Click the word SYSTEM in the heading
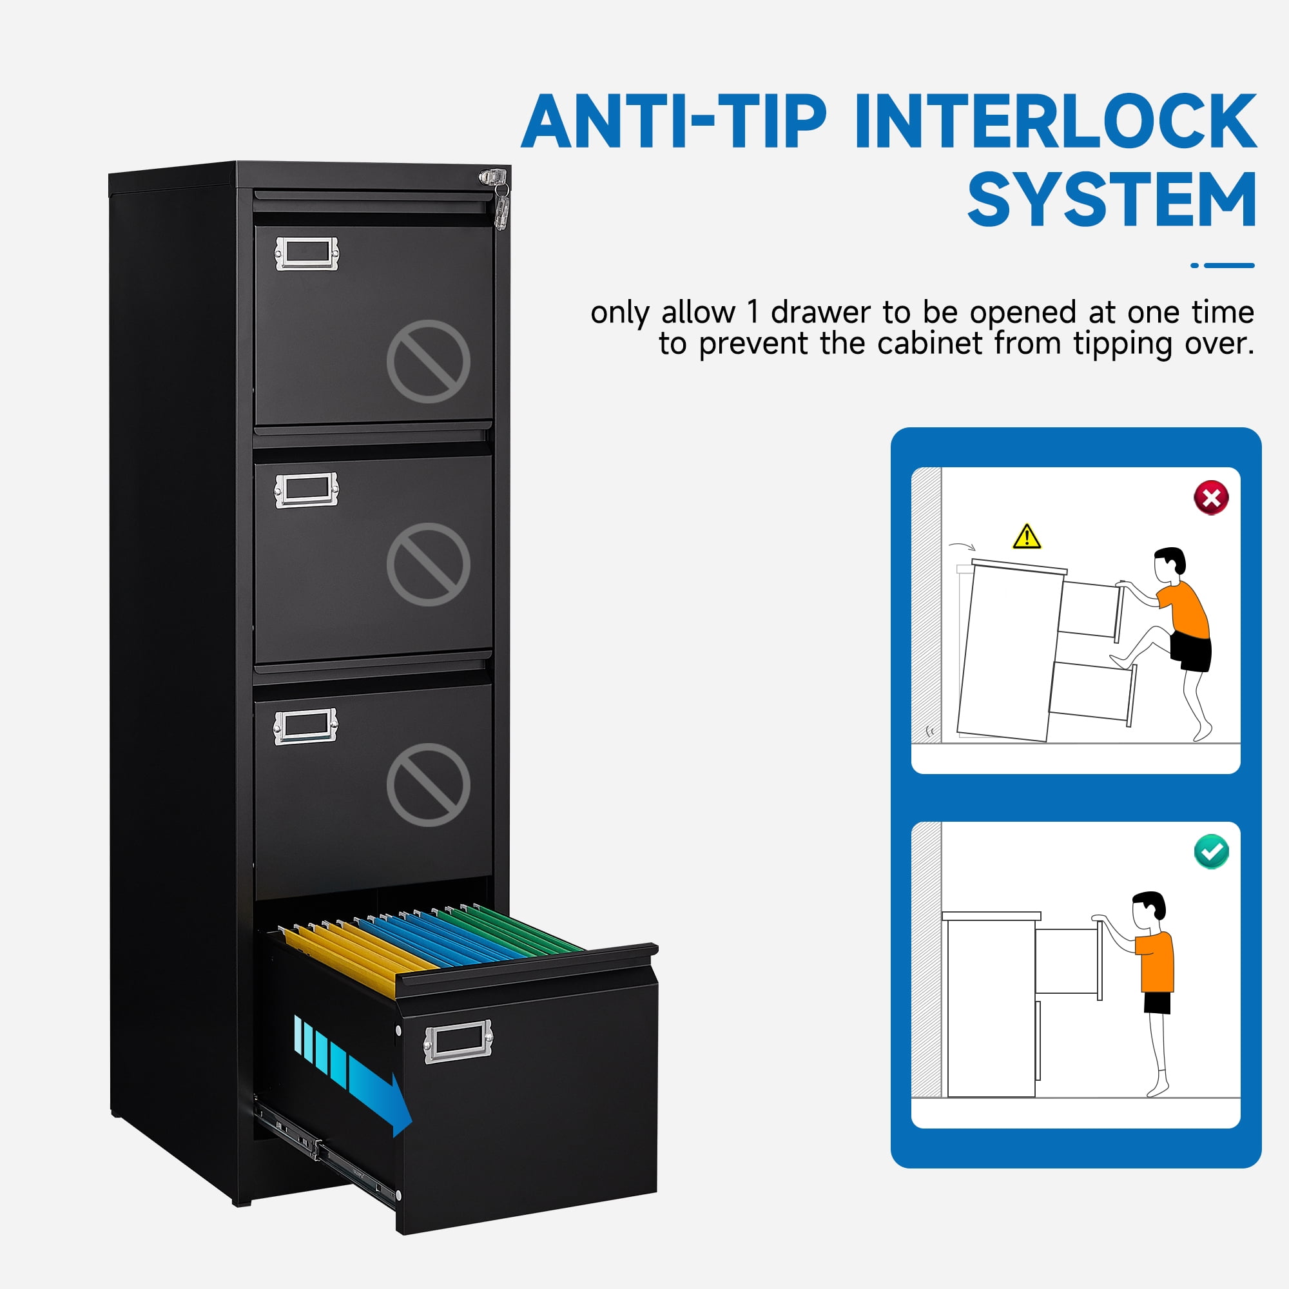[1112, 200]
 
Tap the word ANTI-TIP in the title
[674, 122]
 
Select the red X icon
[1211, 497]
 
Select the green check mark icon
[1211, 852]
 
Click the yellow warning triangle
[1027, 536]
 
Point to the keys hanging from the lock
[501, 206]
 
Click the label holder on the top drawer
[307, 253]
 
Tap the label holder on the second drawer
[306, 490]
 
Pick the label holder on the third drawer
[305, 726]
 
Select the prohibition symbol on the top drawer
[429, 361]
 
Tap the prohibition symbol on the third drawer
[429, 784]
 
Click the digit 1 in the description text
[753, 312]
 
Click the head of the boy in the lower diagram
[1148, 907]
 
